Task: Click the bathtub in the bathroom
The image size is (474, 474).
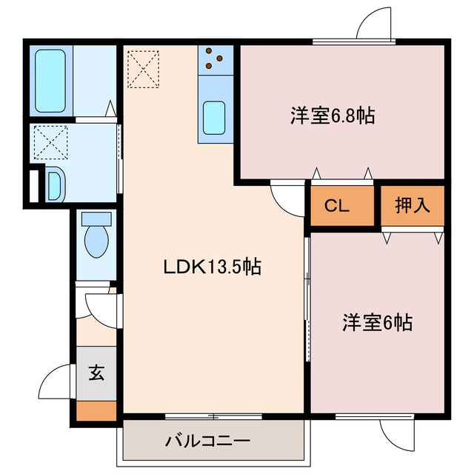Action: click(x=50, y=81)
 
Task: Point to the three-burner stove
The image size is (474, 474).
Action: click(x=216, y=59)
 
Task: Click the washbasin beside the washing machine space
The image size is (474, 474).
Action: click(x=55, y=184)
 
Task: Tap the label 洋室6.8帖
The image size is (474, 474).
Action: click(x=332, y=116)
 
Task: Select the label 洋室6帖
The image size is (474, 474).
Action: click(x=377, y=323)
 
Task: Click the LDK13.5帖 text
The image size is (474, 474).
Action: click(x=212, y=267)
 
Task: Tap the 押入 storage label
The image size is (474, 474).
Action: click(x=412, y=206)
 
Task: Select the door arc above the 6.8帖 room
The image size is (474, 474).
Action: click(x=374, y=22)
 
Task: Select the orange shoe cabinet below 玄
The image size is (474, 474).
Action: click(x=97, y=410)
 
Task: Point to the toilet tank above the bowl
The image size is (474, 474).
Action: click(x=96, y=219)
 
